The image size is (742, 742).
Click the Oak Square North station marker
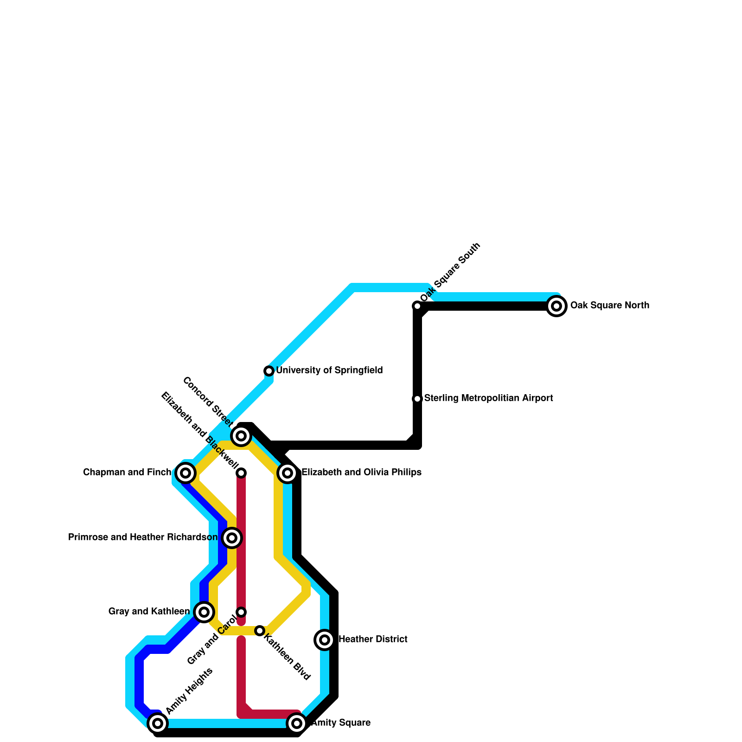coord(556,306)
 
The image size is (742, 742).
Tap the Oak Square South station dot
coord(417,306)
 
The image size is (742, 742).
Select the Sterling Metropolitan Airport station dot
coord(417,399)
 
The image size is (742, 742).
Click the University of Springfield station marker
coord(269,371)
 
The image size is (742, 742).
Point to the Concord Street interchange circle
coord(241,436)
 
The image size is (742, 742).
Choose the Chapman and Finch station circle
coord(185,473)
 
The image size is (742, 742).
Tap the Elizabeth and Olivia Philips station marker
coord(288,473)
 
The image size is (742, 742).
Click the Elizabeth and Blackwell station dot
coord(241,473)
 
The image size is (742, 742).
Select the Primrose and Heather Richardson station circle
coord(232,538)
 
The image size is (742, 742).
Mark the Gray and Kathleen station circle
coord(204,612)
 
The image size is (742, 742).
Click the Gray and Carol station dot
coord(241,612)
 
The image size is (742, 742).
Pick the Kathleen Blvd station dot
coord(260,631)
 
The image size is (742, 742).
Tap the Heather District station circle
coord(325,640)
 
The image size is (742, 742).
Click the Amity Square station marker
coord(297,723)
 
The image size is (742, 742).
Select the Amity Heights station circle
coord(158,723)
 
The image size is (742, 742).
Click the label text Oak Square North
coord(609,306)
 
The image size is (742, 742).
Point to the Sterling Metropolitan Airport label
coord(488,398)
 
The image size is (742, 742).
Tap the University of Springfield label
coord(329,371)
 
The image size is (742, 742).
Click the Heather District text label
coord(373,640)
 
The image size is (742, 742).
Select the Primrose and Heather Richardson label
coord(143,537)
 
